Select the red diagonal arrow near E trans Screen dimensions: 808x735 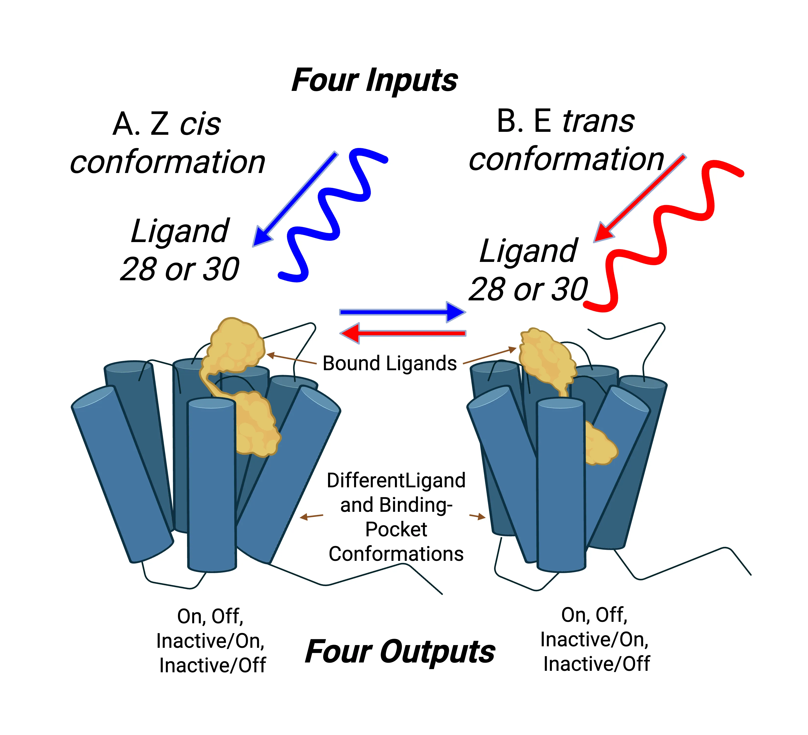[x=640, y=198]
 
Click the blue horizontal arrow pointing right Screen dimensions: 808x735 [x=402, y=312]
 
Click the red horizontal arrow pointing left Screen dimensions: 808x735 [x=402, y=333]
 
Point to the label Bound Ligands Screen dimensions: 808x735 [x=390, y=363]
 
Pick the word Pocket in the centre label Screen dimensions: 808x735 [x=396, y=529]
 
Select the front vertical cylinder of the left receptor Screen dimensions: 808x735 [x=212, y=485]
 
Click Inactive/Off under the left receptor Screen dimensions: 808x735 [x=212, y=666]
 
